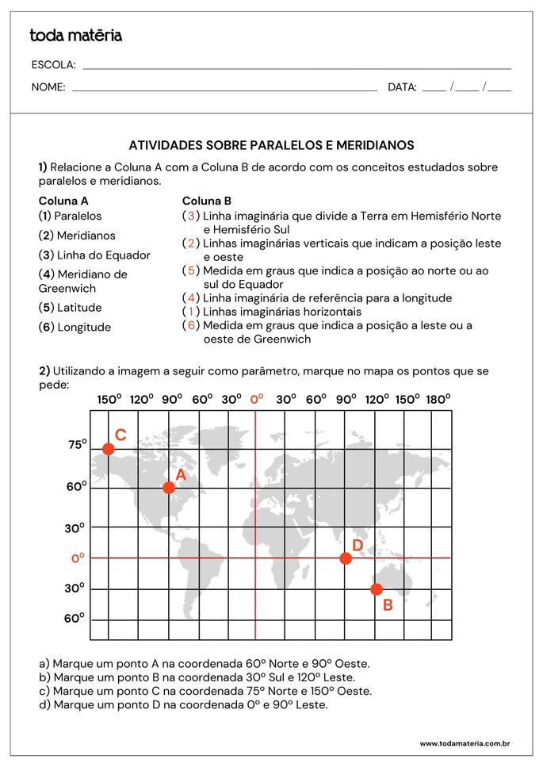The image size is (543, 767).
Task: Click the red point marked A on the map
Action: [x=169, y=488]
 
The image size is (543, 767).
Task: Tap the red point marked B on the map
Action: [x=377, y=589]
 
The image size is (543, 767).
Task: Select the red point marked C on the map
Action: [x=109, y=449]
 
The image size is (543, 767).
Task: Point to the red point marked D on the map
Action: [x=346, y=558]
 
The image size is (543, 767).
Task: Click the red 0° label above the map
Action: [x=257, y=399]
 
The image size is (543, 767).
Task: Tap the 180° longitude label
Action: [x=438, y=399]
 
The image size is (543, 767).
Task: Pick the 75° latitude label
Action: [x=77, y=445]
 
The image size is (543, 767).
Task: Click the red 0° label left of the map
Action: [x=78, y=558]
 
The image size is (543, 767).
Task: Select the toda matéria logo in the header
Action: [x=76, y=35]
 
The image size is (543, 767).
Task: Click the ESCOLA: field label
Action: [x=54, y=64]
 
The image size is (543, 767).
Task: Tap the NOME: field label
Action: [x=48, y=87]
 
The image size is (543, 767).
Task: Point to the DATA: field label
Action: [x=402, y=87]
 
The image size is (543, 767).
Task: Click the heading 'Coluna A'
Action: [x=63, y=201]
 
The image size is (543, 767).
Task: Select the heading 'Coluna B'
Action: [x=207, y=201]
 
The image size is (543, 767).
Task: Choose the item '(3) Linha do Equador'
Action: [x=94, y=255]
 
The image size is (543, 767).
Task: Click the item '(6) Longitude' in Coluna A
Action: [x=75, y=327]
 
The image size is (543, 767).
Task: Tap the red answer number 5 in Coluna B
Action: [x=191, y=270]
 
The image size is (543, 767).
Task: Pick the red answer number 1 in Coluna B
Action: [x=191, y=312]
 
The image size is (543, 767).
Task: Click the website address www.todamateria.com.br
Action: [x=465, y=743]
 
